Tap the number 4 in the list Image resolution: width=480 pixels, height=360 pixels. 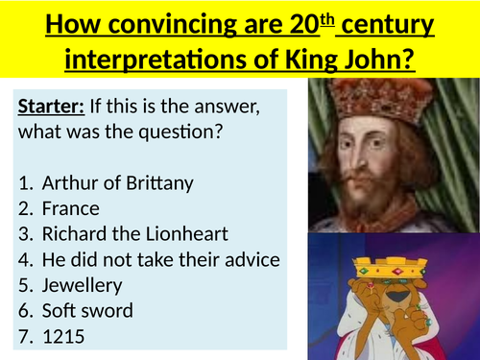point(26,259)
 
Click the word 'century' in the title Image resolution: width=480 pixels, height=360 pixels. point(386,20)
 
